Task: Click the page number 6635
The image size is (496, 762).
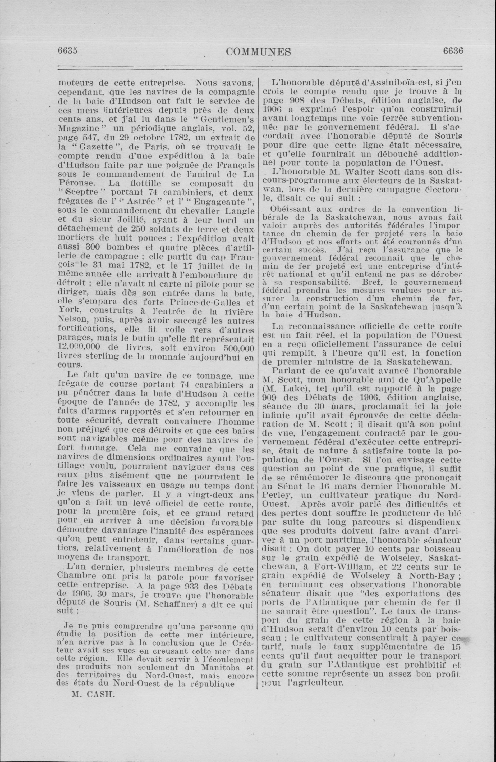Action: coord(68,51)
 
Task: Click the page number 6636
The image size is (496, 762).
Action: coord(453,51)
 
